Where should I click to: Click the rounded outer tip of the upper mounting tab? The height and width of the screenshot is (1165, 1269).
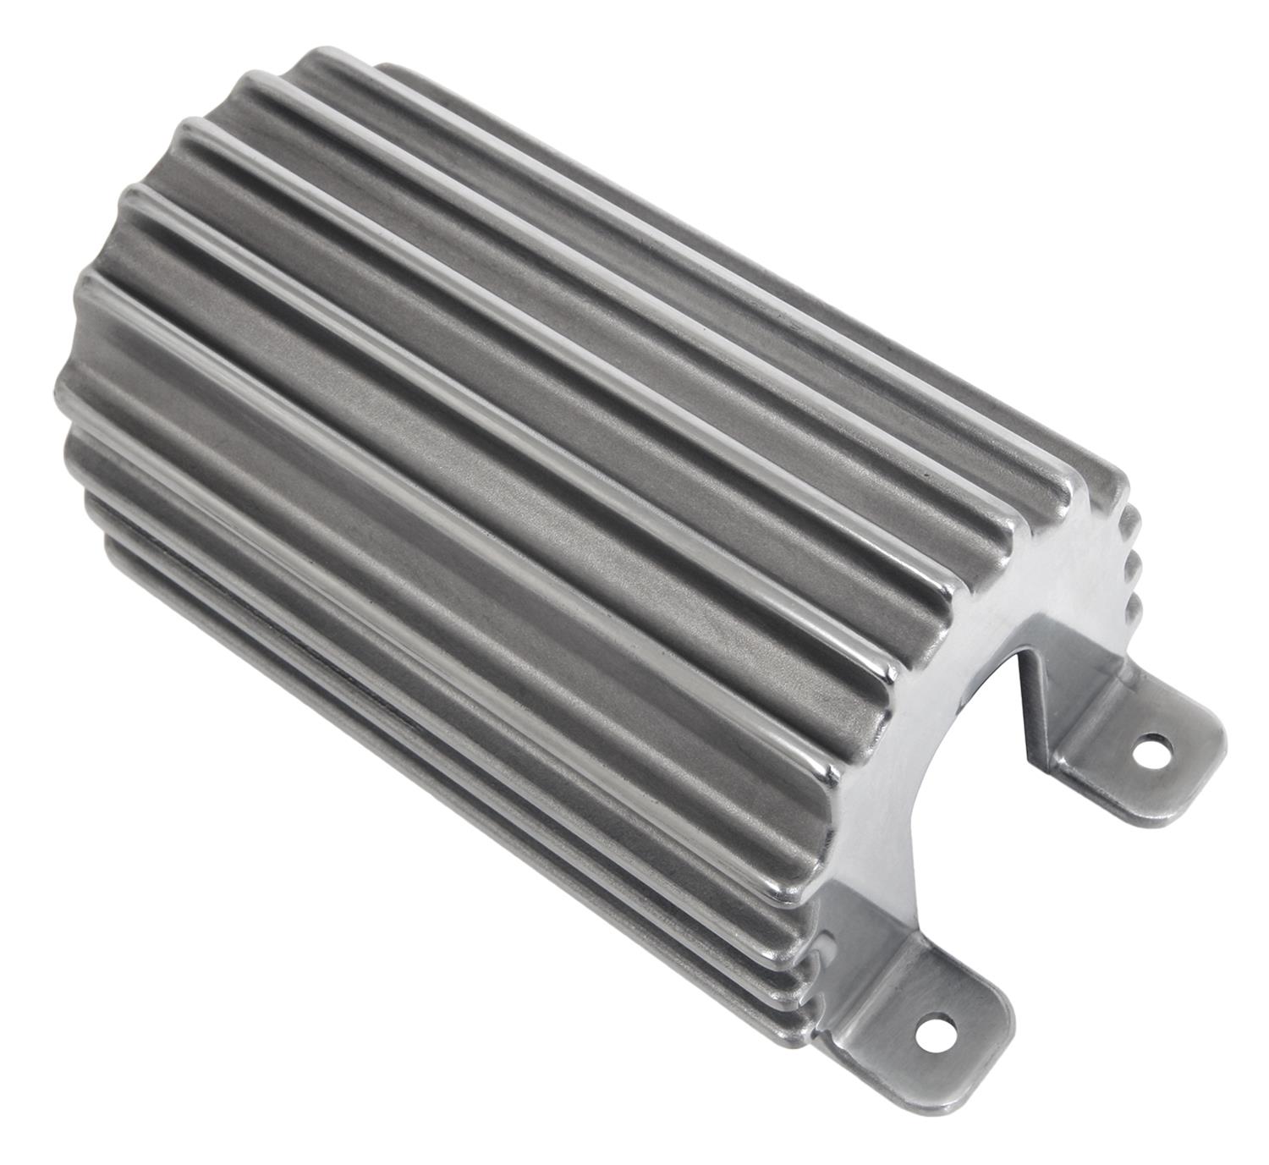coord(1218,745)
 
